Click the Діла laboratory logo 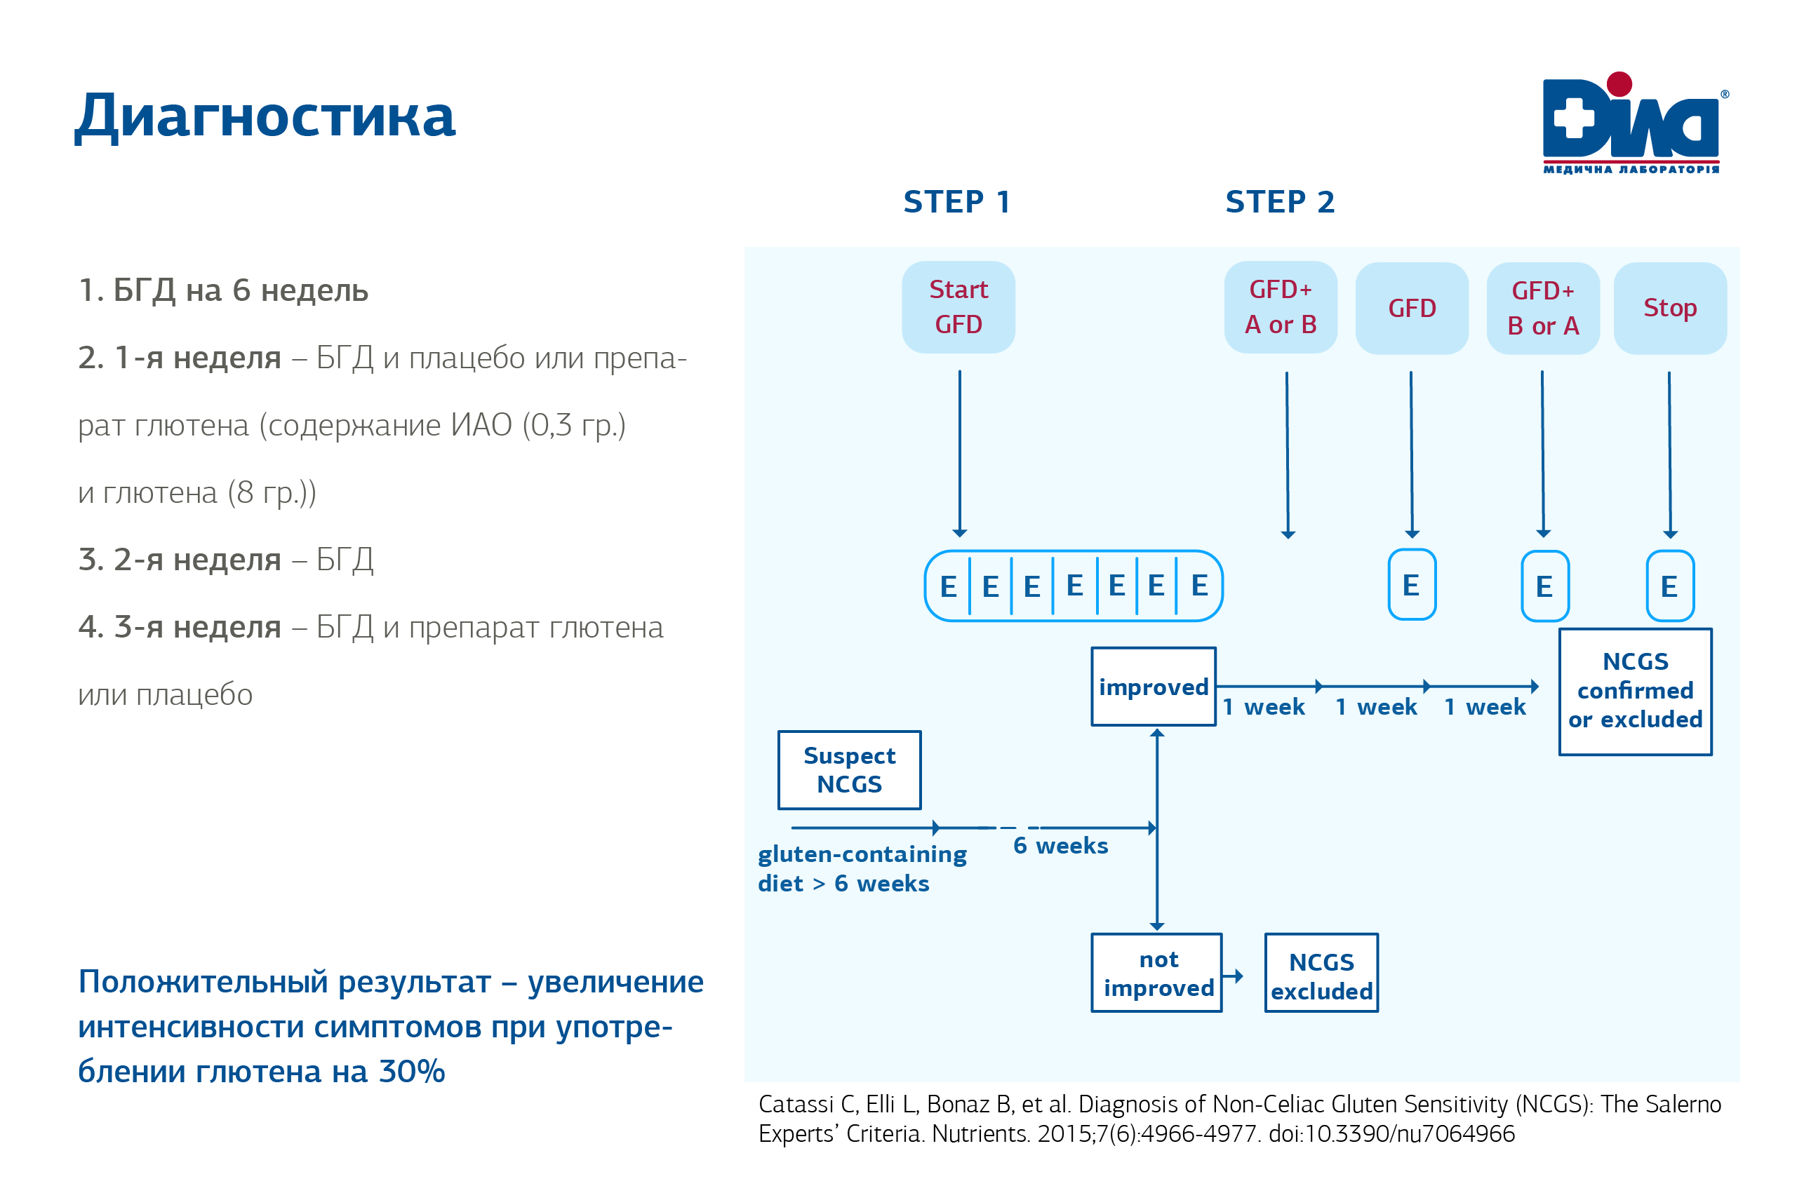(1633, 123)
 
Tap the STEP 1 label (956, 202)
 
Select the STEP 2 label (1279, 202)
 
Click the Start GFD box (958, 307)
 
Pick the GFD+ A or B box (1281, 307)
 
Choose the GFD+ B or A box (1543, 309)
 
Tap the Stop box (1670, 309)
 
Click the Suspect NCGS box (849, 770)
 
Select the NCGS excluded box (1321, 976)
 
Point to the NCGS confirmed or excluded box (1635, 691)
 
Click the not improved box (1157, 973)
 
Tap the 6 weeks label (1060, 846)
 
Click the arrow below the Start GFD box (959, 454)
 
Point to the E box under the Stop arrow (1669, 586)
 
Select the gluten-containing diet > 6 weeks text (862, 869)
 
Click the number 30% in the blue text (412, 1072)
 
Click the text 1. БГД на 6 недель (223, 290)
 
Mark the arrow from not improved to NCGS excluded (1234, 976)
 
